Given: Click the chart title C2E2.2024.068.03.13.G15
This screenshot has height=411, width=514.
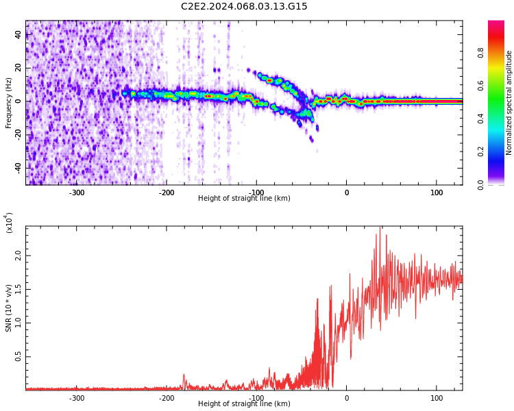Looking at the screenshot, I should pyautogui.click(x=244, y=7).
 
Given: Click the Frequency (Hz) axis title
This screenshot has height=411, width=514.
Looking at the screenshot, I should pyautogui.click(x=8, y=103).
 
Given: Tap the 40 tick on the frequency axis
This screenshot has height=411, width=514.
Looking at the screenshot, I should pyautogui.click(x=19, y=35).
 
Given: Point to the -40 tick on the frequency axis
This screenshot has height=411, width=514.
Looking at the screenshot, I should pyautogui.click(x=17, y=167).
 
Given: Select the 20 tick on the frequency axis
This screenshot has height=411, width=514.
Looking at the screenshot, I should pyautogui.click(x=19, y=68).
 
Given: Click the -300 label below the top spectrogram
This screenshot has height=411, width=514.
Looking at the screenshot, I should pyautogui.click(x=77, y=192).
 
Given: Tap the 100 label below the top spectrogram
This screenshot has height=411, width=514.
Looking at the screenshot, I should pyautogui.click(x=437, y=192).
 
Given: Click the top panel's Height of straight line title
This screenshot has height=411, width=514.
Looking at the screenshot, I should pyautogui.click(x=244, y=199).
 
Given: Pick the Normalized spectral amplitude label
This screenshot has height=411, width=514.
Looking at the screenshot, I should pyautogui.click(x=509, y=103).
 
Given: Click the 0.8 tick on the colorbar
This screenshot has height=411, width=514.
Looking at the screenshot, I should pyautogui.click(x=500, y=52).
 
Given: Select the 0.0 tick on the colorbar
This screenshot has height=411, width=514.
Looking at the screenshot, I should pyautogui.click(x=500, y=184).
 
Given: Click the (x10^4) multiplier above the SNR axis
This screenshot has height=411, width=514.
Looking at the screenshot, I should pyautogui.click(x=10, y=223).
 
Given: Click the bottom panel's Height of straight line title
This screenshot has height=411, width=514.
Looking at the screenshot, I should pyautogui.click(x=244, y=404).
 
